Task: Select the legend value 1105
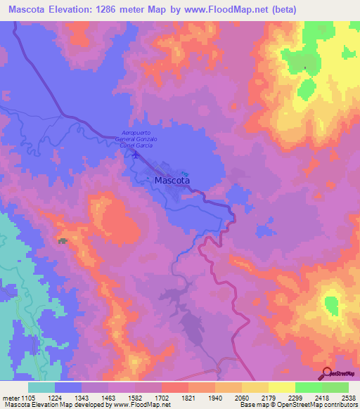pos(20,398)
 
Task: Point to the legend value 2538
pos(349,398)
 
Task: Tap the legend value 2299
pos(282,398)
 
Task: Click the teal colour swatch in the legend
pos(41,387)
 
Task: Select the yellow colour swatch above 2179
pos(255,387)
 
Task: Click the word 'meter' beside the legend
pos(8,398)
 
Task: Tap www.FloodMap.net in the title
pos(224,10)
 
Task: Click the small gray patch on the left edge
pos(63,241)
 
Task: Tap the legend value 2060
pos(229,398)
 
